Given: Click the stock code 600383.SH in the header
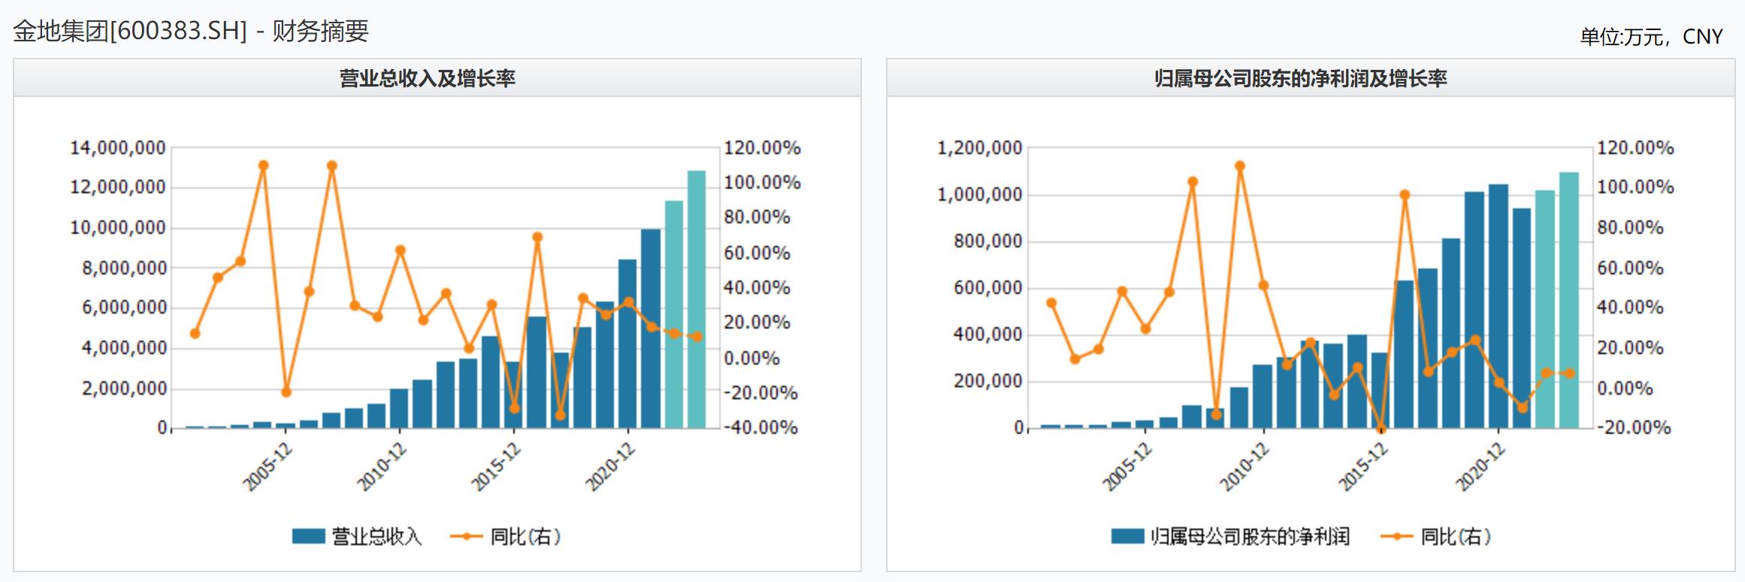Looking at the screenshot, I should pyautogui.click(x=178, y=32).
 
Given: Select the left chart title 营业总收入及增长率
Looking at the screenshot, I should pyautogui.click(x=427, y=78).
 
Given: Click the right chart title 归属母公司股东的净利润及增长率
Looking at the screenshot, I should pyautogui.click(x=1300, y=78).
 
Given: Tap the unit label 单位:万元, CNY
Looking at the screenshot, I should pyautogui.click(x=1650, y=37).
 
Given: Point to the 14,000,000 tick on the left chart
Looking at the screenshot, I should pyautogui.click(x=118, y=148).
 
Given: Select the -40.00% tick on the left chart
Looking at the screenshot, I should pyautogui.click(x=761, y=428).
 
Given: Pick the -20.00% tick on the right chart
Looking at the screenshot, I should pyautogui.click(x=1634, y=428).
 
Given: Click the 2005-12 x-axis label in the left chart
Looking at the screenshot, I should pyautogui.click(x=268, y=467).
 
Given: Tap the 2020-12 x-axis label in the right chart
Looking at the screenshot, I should pyautogui.click(x=1480, y=467).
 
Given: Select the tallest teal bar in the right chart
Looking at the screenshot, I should pyautogui.click(x=1569, y=300).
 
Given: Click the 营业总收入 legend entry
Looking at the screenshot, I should pyautogui.click(x=357, y=536).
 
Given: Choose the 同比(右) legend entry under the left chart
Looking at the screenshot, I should pyautogui.click(x=506, y=536).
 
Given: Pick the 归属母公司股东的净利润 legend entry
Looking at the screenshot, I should pyautogui.click(x=1231, y=536).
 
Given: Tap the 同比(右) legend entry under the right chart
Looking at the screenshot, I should pyautogui.click(x=1436, y=536).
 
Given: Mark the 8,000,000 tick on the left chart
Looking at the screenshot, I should pyautogui.click(x=124, y=268).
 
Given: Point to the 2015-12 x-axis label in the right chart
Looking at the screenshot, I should pyautogui.click(x=1363, y=467).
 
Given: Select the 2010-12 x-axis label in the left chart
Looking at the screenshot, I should pyautogui.click(x=382, y=467).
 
